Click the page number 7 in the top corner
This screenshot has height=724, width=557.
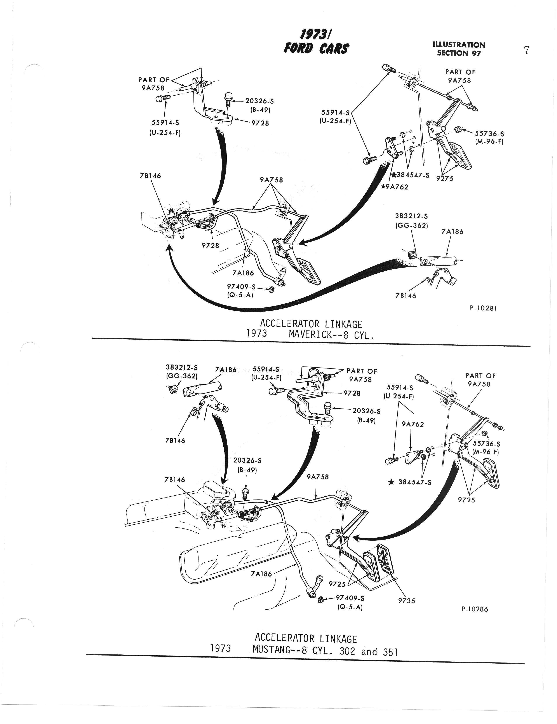[526, 50]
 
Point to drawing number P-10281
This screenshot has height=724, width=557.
[483, 308]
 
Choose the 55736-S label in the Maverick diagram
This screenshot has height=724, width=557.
[489, 134]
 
